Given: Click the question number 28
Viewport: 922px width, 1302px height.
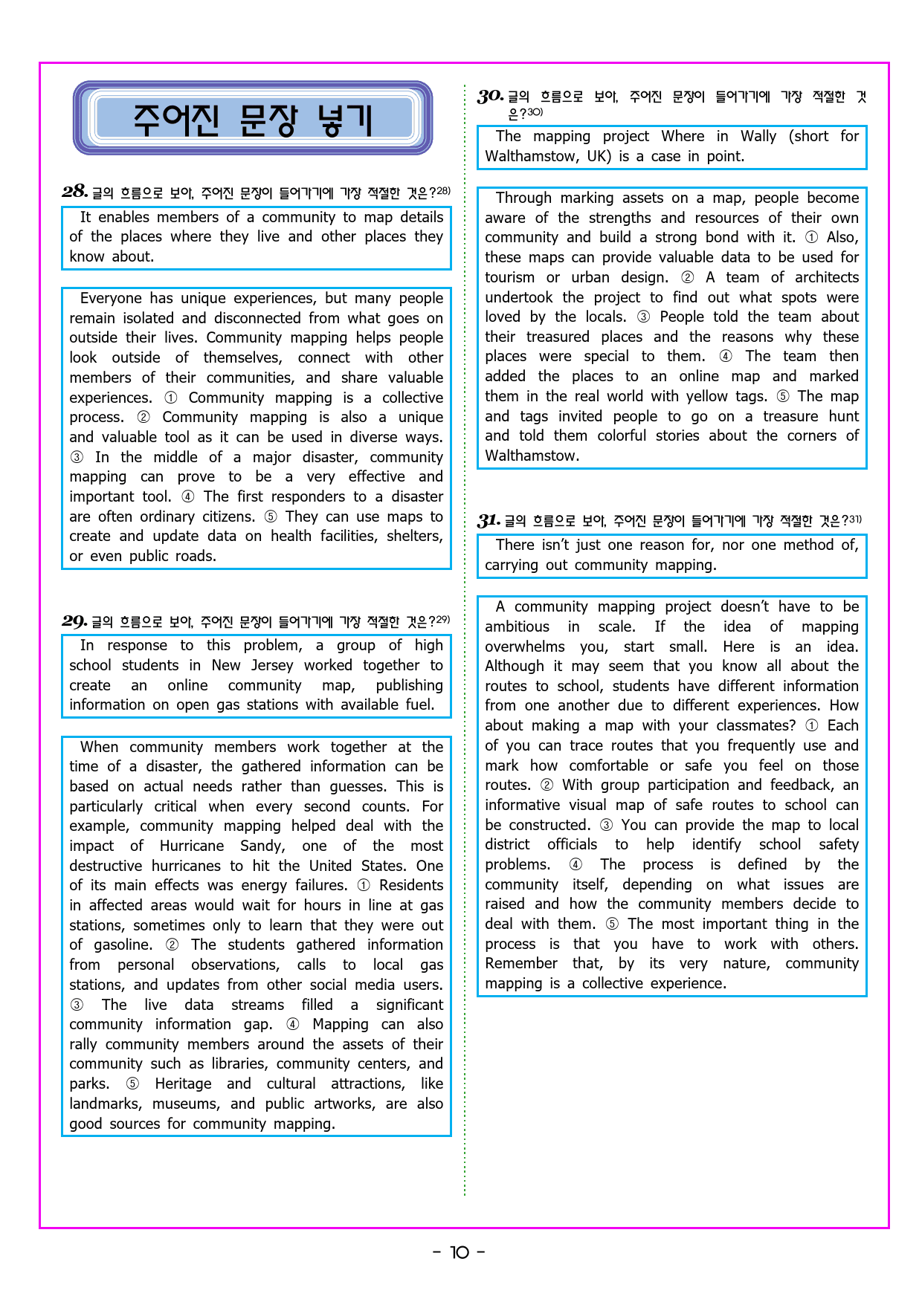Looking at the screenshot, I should tap(75, 192).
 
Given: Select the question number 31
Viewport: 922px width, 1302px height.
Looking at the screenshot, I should tap(488, 520).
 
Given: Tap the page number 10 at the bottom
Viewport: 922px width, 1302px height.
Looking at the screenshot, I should tap(460, 1253).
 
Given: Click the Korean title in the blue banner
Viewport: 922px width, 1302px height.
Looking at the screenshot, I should tap(252, 120).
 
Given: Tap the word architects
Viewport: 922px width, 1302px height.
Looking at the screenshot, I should tap(826, 277).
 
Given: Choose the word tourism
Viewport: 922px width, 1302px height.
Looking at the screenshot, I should tap(509, 277).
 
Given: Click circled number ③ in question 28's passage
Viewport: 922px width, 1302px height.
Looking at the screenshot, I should tap(77, 457).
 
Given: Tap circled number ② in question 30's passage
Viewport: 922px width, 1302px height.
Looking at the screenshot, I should tap(688, 277).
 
